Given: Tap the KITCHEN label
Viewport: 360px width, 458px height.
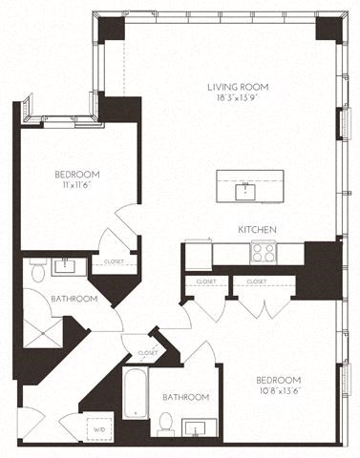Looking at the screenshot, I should pyautogui.click(x=258, y=230).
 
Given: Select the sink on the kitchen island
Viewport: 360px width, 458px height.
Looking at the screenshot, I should pyautogui.click(x=245, y=189).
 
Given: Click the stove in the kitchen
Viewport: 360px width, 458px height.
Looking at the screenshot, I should pyautogui.click(x=264, y=252).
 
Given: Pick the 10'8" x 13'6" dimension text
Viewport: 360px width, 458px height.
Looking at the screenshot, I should pyautogui.click(x=280, y=389).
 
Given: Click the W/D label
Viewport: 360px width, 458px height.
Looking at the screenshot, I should pyautogui.click(x=98, y=429).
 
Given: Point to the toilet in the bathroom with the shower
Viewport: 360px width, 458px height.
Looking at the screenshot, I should pyautogui.click(x=35, y=272).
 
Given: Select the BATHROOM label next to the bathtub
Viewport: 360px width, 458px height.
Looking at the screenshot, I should pyautogui.click(x=185, y=397).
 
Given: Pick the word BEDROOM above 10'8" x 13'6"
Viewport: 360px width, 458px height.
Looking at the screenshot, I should pyautogui.click(x=280, y=379).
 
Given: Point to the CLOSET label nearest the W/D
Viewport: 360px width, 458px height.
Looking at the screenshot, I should pyautogui.click(x=147, y=353).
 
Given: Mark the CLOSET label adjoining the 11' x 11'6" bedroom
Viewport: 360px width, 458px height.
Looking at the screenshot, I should pyautogui.click(x=113, y=260).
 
